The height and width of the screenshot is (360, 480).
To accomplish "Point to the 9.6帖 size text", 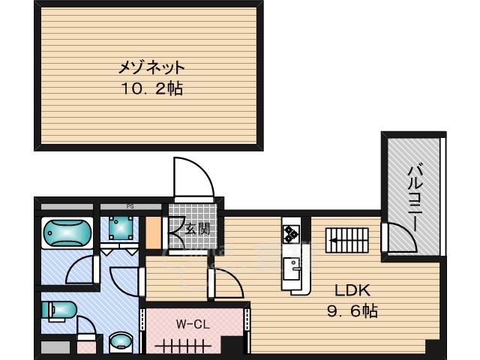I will click(x=352, y=310).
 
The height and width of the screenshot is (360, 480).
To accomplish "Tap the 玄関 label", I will click(x=198, y=229).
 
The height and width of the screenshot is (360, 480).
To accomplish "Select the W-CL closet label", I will click(x=191, y=324).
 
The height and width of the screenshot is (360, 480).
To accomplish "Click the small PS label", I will click(x=129, y=205).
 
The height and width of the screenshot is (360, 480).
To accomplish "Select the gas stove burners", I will click(x=291, y=234).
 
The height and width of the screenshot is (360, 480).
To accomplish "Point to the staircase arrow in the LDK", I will click(x=346, y=241).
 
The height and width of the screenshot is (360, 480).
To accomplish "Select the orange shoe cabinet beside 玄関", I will click(x=154, y=232).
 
